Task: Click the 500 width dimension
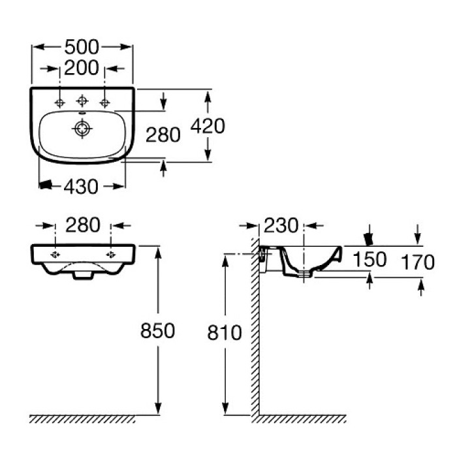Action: point(82,47)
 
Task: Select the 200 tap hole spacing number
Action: point(82,67)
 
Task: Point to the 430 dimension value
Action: point(82,187)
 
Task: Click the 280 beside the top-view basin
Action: point(163,135)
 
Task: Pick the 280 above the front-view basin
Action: point(83,225)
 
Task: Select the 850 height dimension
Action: point(157,331)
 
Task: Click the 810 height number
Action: point(224,333)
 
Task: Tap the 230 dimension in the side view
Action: point(281,226)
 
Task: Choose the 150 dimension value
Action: point(370,259)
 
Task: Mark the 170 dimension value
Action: point(418,262)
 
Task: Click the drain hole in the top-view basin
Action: point(82,129)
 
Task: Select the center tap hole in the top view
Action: point(82,101)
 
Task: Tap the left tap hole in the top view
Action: point(60,102)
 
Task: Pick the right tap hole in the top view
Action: point(103,102)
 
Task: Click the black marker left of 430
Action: point(45,186)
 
